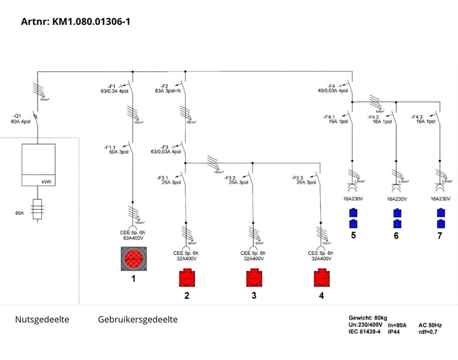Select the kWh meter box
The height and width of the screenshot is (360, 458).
[38, 165]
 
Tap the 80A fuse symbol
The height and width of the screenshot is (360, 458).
[37, 209]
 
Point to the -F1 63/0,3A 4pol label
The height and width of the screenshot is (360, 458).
[113, 88]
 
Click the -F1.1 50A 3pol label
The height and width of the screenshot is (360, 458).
[117, 149]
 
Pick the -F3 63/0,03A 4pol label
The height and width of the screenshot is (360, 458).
[165, 149]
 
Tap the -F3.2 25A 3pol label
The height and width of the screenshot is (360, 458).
[236, 180]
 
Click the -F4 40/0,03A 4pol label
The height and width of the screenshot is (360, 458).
[333, 88]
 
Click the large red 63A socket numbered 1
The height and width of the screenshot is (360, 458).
[134, 259]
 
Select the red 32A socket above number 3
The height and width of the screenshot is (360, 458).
[254, 278]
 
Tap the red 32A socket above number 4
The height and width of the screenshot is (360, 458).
[321, 278]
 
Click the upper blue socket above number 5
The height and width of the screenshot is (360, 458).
[353, 213]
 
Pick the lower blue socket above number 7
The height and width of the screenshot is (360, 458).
[440, 224]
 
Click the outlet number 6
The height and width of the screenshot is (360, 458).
[396, 236]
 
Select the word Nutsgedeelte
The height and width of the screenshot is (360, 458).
[42, 320]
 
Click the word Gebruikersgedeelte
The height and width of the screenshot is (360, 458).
[137, 320]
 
